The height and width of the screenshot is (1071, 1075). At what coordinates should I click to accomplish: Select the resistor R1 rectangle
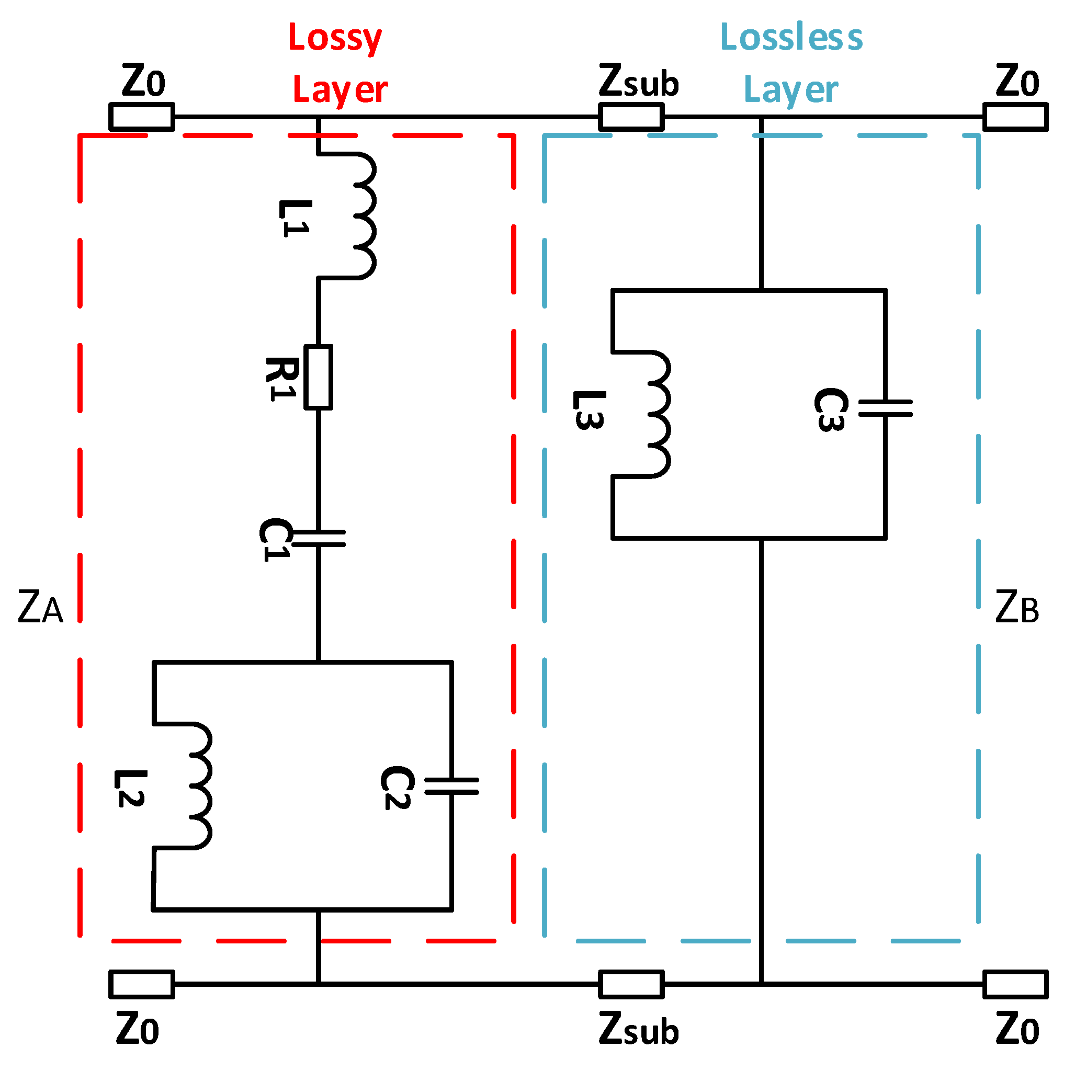318,377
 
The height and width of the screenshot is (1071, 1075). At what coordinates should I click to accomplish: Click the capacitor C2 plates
451,786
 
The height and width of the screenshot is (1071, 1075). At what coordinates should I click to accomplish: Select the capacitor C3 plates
885,408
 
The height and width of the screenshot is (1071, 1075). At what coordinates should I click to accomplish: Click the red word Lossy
335,38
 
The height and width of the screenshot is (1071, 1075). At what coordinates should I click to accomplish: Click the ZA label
40,607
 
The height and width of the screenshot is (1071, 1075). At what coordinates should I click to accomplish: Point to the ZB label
1016,607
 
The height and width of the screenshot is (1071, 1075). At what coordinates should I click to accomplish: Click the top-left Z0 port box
141,117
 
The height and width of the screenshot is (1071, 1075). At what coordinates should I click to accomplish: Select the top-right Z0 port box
1015,117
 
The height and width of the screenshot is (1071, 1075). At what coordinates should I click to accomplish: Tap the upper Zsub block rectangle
631,117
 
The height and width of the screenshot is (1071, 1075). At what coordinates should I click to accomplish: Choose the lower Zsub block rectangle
631,984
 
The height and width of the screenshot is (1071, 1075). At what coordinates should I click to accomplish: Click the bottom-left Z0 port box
141,984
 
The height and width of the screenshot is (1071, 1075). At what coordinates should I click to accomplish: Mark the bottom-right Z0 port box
1015,984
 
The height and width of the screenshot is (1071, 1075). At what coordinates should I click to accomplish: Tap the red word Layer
340,89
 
